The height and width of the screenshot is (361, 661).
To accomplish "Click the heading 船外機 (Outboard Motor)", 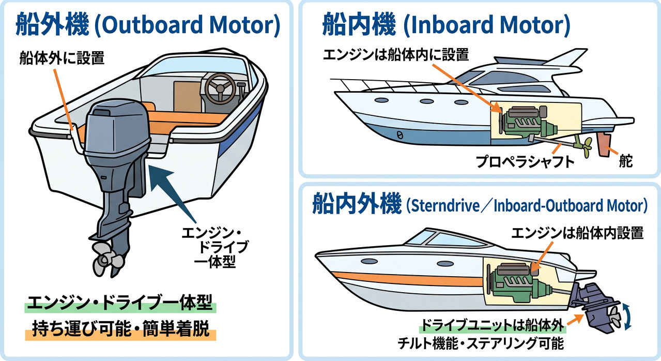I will point(147,24).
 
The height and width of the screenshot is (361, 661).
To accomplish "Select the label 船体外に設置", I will point(62,57).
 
